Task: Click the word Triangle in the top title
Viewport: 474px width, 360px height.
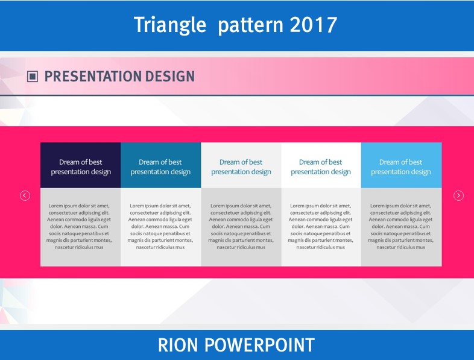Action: click(170, 25)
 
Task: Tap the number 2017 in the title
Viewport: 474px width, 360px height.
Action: click(314, 25)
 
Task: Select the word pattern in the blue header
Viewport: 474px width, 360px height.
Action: click(251, 27)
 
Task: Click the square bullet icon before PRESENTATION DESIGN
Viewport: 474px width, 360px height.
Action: click(33, 77)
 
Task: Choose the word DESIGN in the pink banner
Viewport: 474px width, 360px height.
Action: click(170, 77)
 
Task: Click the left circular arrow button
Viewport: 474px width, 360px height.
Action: click(25, 195)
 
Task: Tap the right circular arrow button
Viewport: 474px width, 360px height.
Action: click(458, 195)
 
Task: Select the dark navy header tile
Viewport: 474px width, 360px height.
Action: click(80, 165)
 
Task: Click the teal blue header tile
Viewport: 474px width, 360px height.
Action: click(161, 165)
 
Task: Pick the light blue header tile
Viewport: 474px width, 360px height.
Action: click(402, 165)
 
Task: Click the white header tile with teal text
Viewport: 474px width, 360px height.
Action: click(321, 165)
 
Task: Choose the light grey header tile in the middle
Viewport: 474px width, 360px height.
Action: click(241, 165)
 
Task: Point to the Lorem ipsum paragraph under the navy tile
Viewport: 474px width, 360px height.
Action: click(79, 226)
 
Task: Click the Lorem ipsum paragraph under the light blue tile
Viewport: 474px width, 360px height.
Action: click(400, 226)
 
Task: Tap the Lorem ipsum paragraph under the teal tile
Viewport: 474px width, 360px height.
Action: click(160, 226)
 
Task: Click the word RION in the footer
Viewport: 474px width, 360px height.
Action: click(178, 345)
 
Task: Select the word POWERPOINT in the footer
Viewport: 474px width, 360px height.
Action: click(260, 345)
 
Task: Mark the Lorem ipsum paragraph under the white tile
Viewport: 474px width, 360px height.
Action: click(320, 226)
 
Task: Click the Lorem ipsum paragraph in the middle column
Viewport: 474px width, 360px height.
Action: click(241, 226)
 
